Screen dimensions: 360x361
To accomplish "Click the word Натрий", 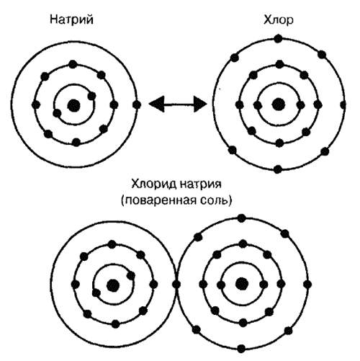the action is (71, 19).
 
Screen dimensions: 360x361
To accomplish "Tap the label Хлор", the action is (279, 20).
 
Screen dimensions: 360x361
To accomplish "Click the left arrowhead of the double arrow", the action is (157, 104).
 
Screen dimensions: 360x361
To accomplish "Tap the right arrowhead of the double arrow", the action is (199, 104).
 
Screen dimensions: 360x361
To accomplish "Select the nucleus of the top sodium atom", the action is (73, 105).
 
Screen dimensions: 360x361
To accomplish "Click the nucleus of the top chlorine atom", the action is (279, 104).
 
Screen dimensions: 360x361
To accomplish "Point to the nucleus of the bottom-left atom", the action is (113, 285).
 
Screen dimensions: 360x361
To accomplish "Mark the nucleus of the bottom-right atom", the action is (241, 284).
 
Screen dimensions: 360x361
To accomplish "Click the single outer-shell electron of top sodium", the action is (137, 104).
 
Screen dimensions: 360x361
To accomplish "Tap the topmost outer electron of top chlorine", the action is (278, 39).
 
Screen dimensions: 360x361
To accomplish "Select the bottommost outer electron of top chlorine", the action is (278, 169).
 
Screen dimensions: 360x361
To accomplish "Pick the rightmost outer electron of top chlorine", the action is (343, 104).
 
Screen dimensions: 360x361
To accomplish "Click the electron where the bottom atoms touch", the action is (176, 285).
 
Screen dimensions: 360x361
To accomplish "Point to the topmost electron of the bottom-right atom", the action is (242, 218).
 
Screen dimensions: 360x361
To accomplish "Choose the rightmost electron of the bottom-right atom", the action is (307, 285).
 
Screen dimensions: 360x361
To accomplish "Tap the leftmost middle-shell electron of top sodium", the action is (36, 104).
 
